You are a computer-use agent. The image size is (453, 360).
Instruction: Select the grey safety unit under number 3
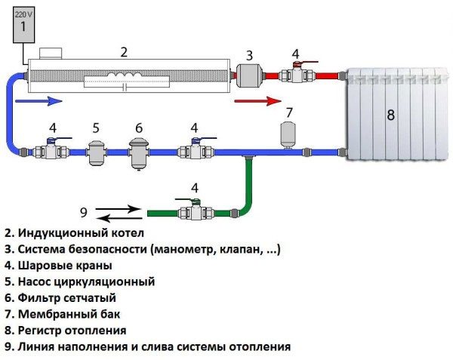tap(249, 76)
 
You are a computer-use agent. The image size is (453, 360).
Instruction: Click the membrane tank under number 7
tap(288, 133)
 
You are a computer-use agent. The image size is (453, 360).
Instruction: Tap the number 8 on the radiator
tap(390, 115)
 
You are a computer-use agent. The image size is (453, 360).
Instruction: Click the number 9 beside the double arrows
tap(83, 211)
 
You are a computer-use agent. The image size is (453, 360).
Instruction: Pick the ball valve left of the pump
tap(51, 150)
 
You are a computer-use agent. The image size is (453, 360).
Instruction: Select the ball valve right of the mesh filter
tap(194, 150)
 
